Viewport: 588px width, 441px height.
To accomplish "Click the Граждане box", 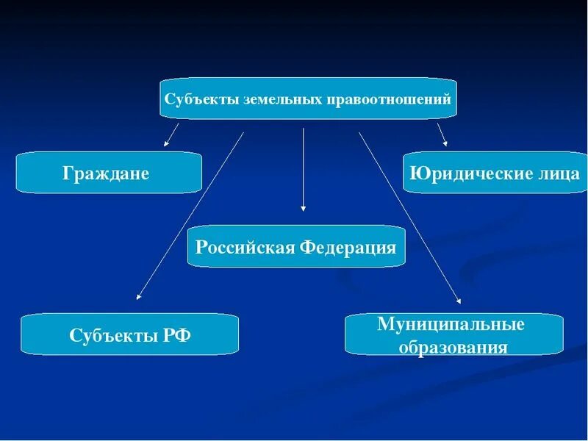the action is (x=109, y=173).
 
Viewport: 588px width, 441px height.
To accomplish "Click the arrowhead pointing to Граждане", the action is (x=166, y=143).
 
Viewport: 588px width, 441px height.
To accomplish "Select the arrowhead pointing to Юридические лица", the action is (x=445, y=143).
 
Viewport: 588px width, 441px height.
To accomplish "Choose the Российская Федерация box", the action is (x=296, y=246).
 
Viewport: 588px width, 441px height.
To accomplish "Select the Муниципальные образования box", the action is (x=453, y=334).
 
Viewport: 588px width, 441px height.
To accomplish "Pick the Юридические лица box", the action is (x=494, y=173).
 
